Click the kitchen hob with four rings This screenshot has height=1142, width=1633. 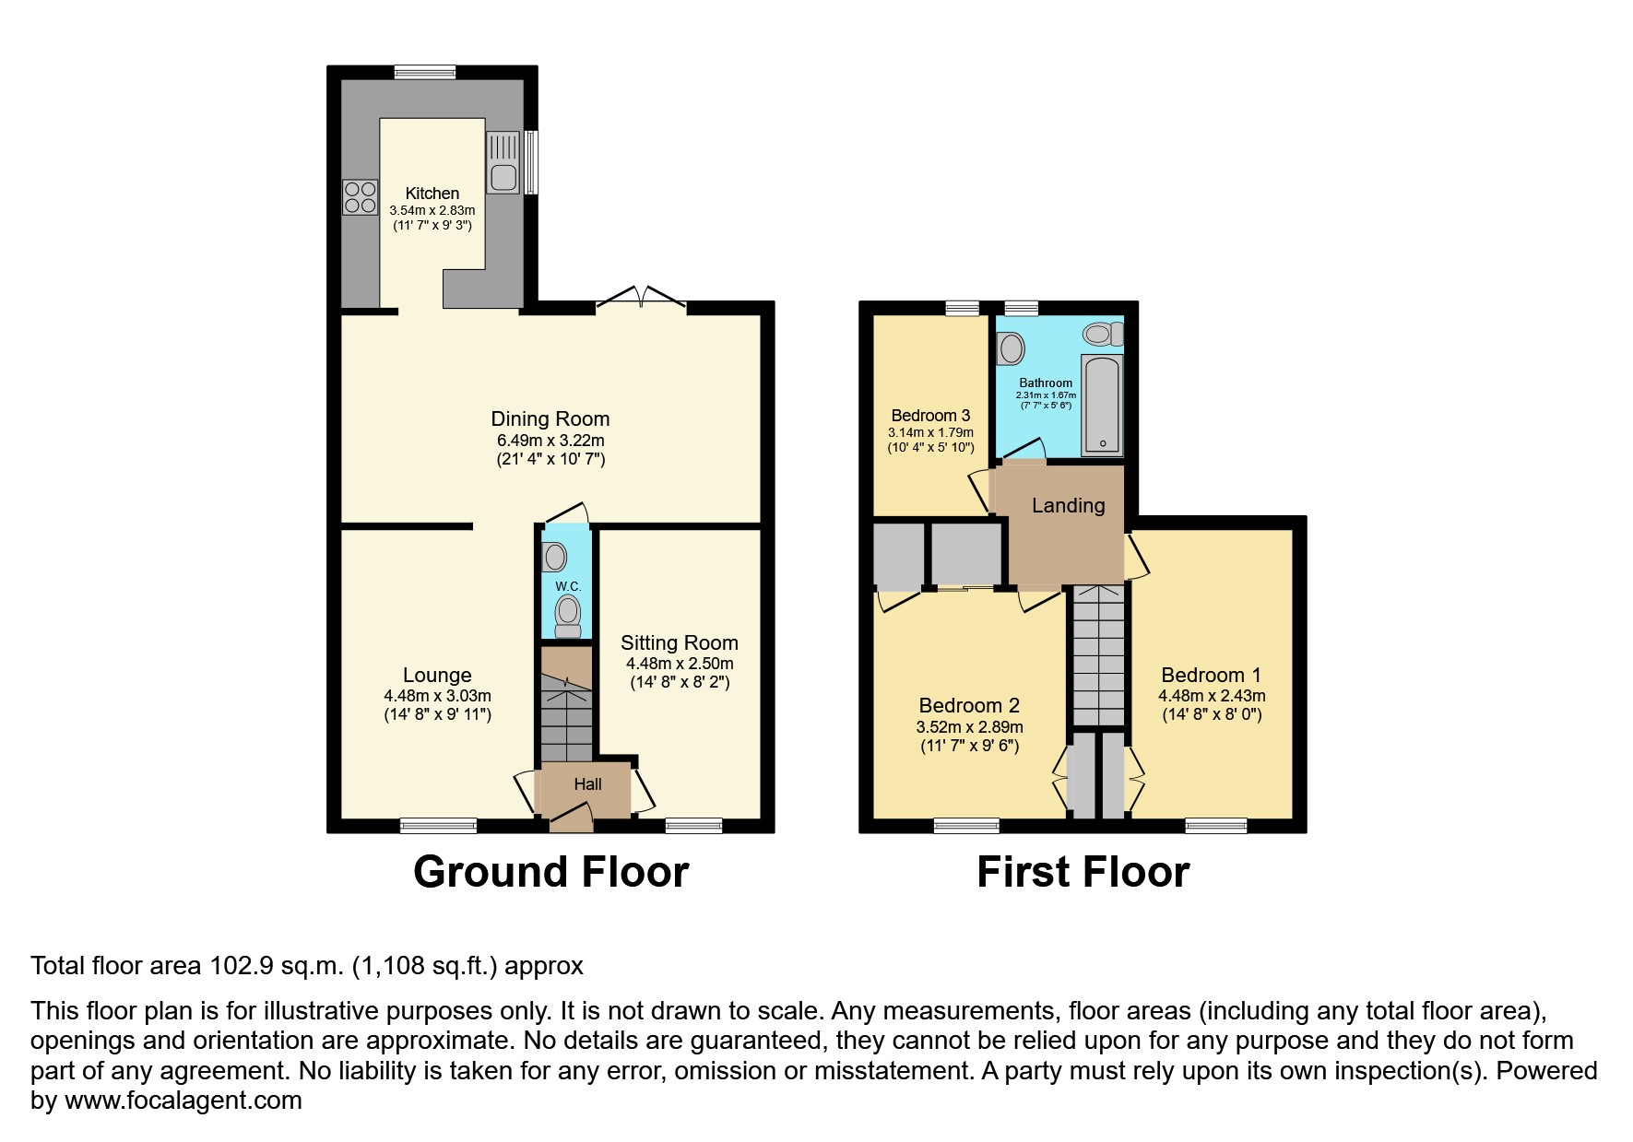(x=360, y=196)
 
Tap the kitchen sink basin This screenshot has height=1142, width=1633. (x=503, y=177)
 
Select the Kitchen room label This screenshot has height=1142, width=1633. (x=432, y=194)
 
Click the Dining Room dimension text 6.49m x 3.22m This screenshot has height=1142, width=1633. (x=550, y=441)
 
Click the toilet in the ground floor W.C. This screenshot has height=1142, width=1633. (x=568, y=614)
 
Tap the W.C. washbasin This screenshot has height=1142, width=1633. (x=555, y=557)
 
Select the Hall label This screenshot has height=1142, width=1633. (x=587, y=784)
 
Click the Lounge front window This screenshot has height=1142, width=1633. (x=438, y=825)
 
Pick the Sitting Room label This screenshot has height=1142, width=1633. (x=679, y=643)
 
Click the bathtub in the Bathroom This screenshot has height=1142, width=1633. (x=1102, y=406)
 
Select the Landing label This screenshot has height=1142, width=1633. (x=1068, y=505)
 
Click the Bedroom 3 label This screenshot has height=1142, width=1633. (x=930, y=416)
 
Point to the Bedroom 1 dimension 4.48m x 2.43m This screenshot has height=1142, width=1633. (x=1211, y=696)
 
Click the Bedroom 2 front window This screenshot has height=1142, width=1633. (x=965, y=825)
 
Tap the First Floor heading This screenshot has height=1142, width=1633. (x=1083, y=872)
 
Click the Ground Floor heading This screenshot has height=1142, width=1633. (x=550, y=872)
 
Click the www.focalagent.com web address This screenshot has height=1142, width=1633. (x=183, y=1101)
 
